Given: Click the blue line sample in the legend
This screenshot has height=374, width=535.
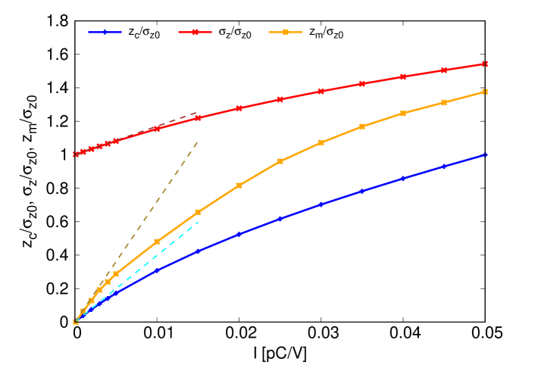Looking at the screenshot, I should [x=105, y=33].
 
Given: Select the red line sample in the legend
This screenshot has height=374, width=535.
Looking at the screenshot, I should [x=195, y=33].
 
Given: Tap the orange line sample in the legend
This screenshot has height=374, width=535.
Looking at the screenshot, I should [x=285, y=33].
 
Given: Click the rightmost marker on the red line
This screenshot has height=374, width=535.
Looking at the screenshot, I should [x=485, y=64].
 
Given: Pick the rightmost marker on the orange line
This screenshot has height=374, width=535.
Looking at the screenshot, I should [x=485, y=92].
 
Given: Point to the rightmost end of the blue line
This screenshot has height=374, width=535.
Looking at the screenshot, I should [x=485, y=154].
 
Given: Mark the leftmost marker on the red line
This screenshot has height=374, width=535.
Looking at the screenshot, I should [x=76, y=154].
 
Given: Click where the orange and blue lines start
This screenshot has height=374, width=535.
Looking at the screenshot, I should [x=76, y=322].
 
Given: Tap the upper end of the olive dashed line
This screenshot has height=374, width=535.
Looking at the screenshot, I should [x=198, y=142].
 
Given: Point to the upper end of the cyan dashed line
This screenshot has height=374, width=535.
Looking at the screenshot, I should [x=199, y=222].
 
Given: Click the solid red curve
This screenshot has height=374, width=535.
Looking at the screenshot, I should [x=280, y=99].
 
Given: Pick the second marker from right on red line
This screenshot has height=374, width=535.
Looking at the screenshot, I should [x=444, y=70].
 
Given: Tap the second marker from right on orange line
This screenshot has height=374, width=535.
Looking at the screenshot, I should [x=444, y=102].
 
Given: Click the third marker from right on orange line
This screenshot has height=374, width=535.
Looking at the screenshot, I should [x=403, y=113].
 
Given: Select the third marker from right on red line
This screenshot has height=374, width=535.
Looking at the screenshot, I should [x=403, y=76].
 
